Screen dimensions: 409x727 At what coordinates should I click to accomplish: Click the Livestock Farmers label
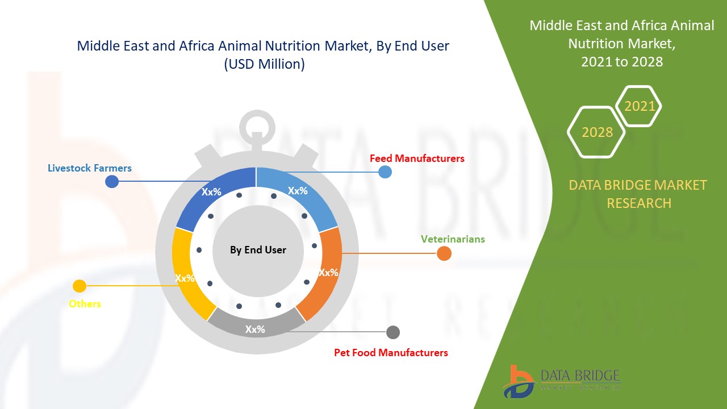[x=89, y=168]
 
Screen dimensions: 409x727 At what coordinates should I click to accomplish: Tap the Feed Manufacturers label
[x=417, y=158]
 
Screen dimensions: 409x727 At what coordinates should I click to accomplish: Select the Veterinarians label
[x=453, y=239]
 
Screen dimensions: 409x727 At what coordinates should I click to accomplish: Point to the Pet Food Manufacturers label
[x=391, y=353]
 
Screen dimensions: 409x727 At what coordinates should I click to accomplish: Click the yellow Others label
[x=85, y=304]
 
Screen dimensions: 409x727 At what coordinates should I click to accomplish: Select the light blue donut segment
[x=298, y=196]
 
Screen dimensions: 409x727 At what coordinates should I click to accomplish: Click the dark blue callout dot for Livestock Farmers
[x=112, y=181]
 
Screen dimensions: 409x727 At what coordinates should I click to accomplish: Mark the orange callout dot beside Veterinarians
[x=444, y=253]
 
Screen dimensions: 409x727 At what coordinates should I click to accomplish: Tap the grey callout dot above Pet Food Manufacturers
[x=392, y=332]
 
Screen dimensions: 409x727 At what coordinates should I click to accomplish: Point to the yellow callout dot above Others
[x=80, y=286]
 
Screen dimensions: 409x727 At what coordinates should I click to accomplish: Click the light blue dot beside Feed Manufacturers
[x=385, y=172]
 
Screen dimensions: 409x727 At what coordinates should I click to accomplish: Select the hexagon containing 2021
[x=640, y=106]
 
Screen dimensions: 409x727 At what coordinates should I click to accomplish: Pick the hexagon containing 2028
[x=597, y=132]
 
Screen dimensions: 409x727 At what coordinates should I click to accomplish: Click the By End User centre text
[x=258, y=250]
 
